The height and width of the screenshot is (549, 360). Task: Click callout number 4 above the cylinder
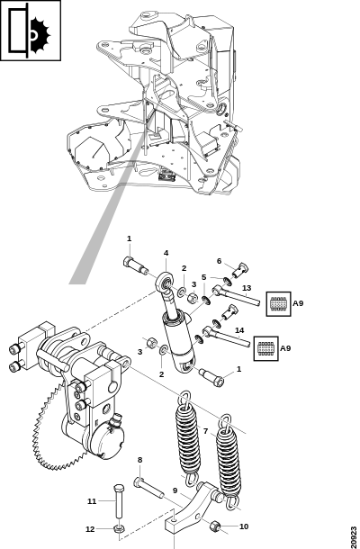pyautogui.click(x=166, y=253)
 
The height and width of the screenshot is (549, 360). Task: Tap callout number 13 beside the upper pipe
pyautogui.click(x=247, y=288)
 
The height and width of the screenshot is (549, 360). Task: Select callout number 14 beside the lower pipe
pyautogui.click(x=239, y=330)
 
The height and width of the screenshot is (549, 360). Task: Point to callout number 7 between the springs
pyautogui.click(x=205, y=431)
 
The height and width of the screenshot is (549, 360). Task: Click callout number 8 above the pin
pyautogui.click(x=139, y=460)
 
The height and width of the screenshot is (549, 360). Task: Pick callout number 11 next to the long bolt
pyautogui.click(x=92, y=501)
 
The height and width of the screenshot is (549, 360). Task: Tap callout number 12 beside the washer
pyautogui.click(x=90, y=529)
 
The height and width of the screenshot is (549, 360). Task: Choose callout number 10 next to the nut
pyautogui.click(x=244, y=526)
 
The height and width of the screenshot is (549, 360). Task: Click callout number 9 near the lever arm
pyautogui.click(x=175, y=490)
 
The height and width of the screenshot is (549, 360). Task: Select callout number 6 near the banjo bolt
pyautogui.click(x=220, y=261)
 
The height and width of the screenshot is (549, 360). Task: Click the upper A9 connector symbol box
pyautogui.click(x=278, y=304)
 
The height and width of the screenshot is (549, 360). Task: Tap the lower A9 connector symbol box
pyautogui.click(x=266, y=348)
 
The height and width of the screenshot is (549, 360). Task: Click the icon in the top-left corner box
pyautogui.click(x=31, y=31)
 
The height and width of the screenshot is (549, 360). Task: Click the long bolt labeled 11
pyautogui.click(x=118, y=502)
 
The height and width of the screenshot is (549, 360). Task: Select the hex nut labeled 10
pyautogui.click(x=214, y=526)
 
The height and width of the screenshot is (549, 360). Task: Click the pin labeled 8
pyautogui.click(x=148, y=488)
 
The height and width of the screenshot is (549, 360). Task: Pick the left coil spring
pyautogui.click(x=186, y=437)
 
